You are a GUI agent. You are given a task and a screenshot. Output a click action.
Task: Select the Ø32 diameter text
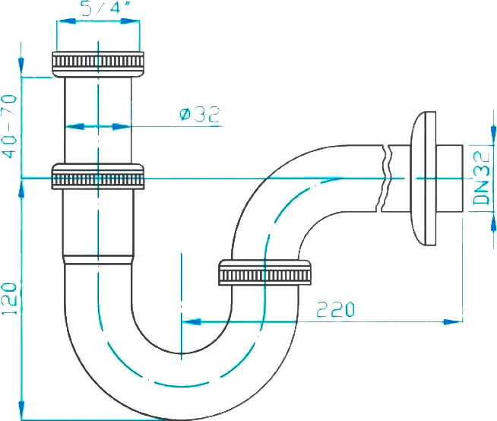point(199,115)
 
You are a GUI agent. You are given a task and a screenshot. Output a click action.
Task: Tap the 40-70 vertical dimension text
point(9,125)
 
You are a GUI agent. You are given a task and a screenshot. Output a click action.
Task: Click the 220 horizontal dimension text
point(335,309)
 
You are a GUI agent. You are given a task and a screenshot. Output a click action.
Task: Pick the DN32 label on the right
point(480,179)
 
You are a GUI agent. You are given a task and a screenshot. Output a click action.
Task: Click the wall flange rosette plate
point(422,179)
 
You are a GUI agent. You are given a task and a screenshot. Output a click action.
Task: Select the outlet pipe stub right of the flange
point(450,179)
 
